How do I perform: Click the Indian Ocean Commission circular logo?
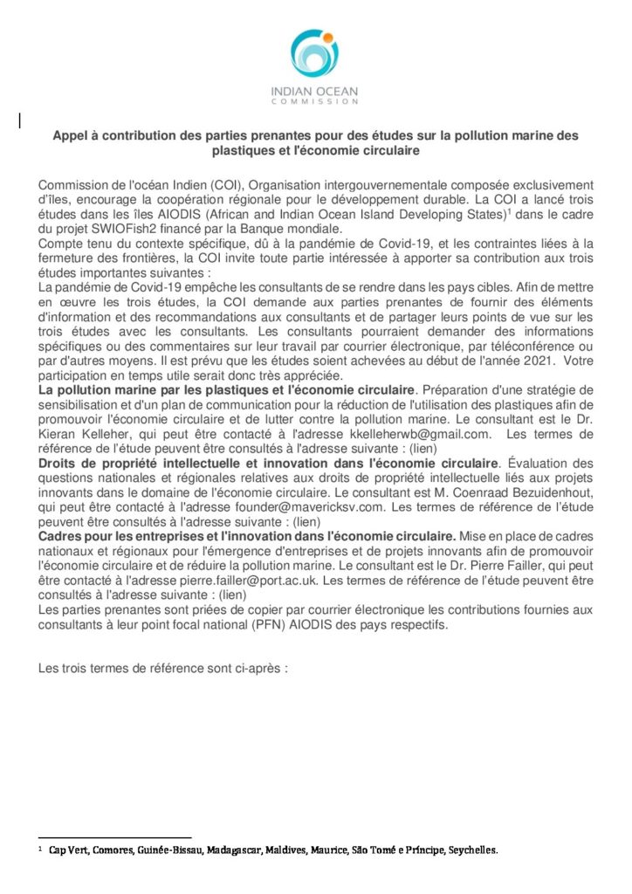(x=315, y=54)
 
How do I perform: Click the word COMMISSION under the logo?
(x=315, y=102)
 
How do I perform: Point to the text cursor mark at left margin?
(x=20, y=120)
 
